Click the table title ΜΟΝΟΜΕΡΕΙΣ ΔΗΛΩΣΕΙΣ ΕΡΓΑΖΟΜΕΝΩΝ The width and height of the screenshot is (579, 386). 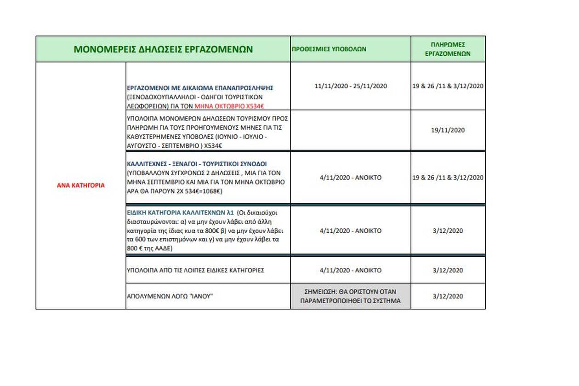pyautogui.click(x=163, y=49)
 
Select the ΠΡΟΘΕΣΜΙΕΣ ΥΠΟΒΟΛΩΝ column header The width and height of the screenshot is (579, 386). pyautogui.click(x=329, y=49)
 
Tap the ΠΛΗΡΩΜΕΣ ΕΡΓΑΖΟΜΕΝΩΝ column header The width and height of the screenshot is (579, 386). pyautogui.click(x=448, y=49)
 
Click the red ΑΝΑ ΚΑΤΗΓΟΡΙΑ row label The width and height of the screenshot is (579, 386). pyautogui.click(x=81, y=185)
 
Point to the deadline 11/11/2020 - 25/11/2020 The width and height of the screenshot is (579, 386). pyautogui.click(x=351, y=86)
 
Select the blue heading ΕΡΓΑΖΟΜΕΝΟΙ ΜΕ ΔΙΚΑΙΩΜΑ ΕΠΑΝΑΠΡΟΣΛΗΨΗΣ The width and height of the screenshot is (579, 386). pyautogui.click(x=200, y=87)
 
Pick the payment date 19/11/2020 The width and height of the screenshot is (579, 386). pyautogui.click(x=448, y=130)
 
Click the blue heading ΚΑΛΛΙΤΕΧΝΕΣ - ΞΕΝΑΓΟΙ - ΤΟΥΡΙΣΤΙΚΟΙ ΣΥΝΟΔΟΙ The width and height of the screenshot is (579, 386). pyautogui.click(x=197, y=163)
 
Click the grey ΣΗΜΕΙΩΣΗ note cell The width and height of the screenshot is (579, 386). pyautogui.click(x=350, y=296)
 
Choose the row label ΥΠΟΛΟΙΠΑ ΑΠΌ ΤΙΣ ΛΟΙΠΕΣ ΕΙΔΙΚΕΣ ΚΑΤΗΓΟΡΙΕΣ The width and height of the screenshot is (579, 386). pyautogui.click(x=195, y=270)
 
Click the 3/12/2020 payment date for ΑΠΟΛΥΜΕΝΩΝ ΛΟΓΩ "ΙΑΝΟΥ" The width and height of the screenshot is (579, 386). pyautogui.click(x=448, y=296)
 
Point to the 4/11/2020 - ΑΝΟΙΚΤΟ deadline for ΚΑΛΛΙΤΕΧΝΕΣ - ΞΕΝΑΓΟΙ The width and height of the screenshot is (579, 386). pyautogui.click(x=350, y=177)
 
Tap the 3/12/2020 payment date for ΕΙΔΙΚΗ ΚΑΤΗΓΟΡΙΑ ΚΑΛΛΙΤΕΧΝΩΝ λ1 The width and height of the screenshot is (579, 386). pyautogui.click(x=448, y=230)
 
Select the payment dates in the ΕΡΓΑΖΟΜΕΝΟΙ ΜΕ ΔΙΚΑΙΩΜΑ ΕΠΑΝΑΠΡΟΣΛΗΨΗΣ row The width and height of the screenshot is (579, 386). pyautogui.click(x=448, y=86)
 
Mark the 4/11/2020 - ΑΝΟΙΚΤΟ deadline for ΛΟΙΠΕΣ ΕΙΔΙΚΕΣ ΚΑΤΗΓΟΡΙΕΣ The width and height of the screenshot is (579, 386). pyautogui.click(x=350, y=270)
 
